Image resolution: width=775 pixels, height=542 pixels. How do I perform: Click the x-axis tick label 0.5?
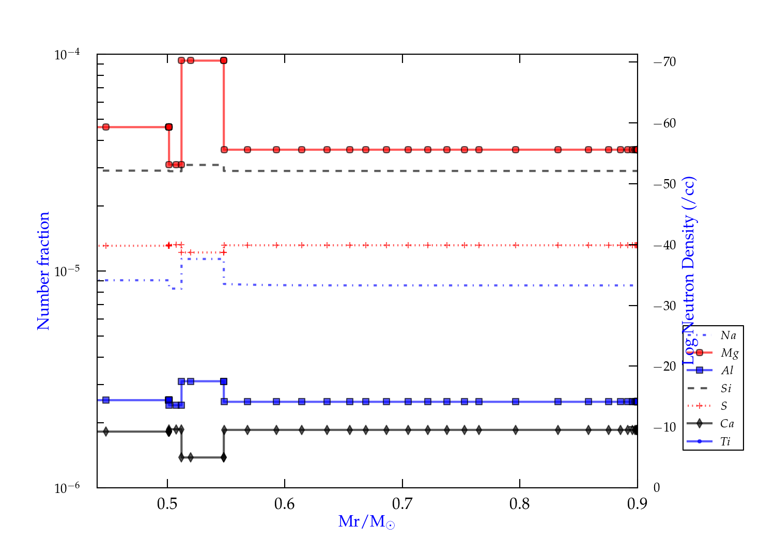tap(167, 504)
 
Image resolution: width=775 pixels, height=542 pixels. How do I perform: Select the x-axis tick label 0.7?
tap(402, 504)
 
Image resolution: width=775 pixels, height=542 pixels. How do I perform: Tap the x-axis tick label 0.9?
tap(637, 504)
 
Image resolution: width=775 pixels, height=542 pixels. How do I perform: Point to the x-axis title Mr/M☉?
tap(366, 522)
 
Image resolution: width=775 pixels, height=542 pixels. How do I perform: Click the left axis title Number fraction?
tap(43, 271)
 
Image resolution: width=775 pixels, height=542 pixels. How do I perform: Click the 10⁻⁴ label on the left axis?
tap(67, 54)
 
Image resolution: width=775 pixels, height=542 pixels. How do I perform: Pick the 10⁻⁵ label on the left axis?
tap(67, 271)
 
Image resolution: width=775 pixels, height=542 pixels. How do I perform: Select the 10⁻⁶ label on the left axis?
tap(67, 488)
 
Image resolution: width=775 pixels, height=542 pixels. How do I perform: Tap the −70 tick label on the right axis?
tap(665, 62)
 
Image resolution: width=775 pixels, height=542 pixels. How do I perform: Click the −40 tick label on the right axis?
tap(665, 245)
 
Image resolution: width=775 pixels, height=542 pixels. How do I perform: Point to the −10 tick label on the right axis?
tap(665, 427)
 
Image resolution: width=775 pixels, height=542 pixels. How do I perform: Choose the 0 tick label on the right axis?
tap(657, 488)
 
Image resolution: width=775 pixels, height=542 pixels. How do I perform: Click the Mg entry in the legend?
tap(729, 353)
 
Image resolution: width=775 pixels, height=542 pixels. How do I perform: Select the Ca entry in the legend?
tap(727, 424)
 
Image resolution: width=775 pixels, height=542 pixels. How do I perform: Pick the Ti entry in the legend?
tap(725, 441)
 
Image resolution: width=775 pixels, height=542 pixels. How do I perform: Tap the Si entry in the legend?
tap(726, 388)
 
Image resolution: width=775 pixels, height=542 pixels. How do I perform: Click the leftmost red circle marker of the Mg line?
tap(106, 127)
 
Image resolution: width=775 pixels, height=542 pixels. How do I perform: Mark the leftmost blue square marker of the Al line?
tap(106, 400)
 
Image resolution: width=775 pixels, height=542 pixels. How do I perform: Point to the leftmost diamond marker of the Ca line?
tap(106, 432)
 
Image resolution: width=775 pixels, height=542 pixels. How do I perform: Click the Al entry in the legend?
tap(727, 371)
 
